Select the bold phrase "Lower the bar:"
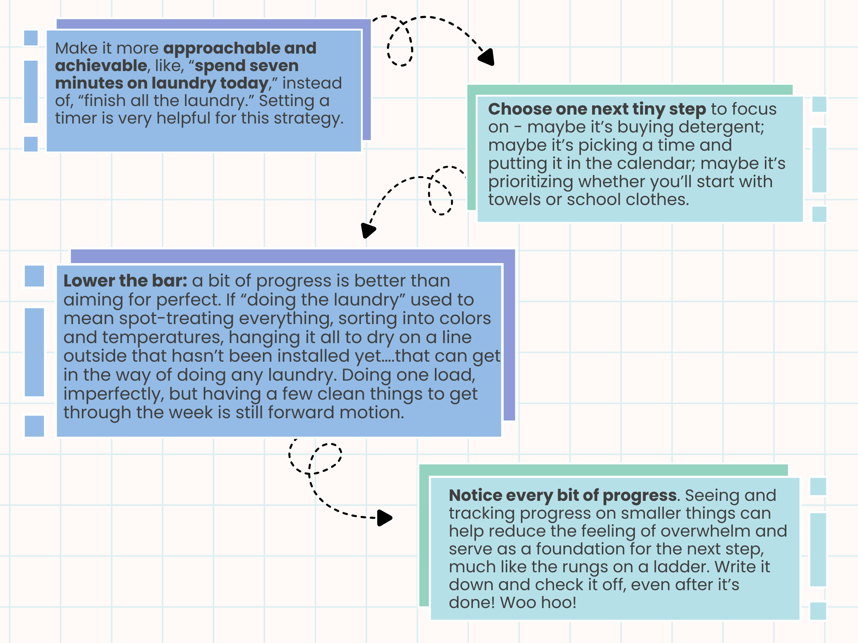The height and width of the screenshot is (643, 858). (125, 281)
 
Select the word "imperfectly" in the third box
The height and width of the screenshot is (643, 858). (113, 394)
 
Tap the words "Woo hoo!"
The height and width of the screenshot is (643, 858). (538, 603)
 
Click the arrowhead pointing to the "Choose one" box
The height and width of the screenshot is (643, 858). (487, 57)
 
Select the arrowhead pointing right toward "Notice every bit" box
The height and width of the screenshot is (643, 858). (384, 518)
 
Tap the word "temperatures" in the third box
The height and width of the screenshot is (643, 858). (163, 338)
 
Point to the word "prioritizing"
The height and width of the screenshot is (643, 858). (530, 182)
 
